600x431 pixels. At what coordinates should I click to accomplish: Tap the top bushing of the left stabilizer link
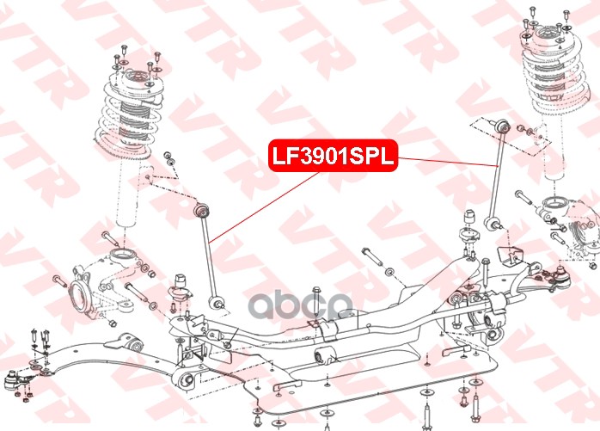[202, 210]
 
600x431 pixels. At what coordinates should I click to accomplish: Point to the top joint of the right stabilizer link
[499, 128]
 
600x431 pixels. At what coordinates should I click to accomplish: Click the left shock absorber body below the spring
[126, 194]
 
